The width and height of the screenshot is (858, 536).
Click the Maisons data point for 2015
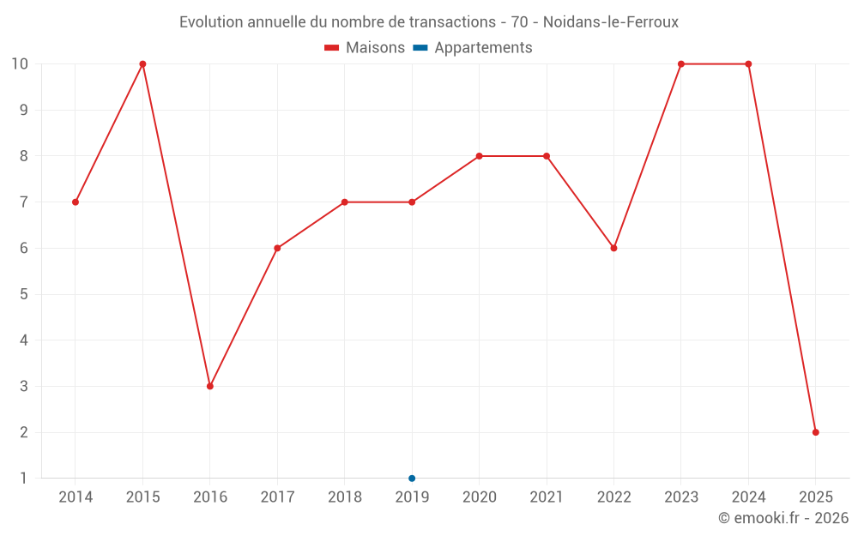(x=142, y=64)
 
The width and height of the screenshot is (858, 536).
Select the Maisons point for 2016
(x=210, y=386)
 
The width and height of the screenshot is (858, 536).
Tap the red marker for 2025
(x=815, y=432)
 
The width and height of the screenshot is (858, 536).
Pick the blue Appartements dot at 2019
(x=412, y=478)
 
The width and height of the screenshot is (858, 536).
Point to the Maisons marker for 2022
(x=613, y=248)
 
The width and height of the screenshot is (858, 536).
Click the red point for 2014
(x=76, y=202)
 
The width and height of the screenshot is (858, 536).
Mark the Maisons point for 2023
(x=681, y=64)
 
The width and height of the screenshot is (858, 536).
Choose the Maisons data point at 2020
(x=479, y=156)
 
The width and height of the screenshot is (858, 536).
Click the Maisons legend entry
(x=365, y=48)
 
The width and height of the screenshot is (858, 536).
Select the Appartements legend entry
(x=473, y=48)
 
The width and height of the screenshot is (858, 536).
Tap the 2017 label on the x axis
(x=277, y=497)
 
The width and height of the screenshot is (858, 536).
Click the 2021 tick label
(x=547, y=497)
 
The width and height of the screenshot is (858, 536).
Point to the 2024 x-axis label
(x=748, y=497)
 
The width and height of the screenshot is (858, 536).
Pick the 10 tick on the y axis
(x=19, y=64)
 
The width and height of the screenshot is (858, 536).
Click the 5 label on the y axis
(x=23, y=294)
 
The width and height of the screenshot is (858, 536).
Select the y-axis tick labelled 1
(x=23, y=479)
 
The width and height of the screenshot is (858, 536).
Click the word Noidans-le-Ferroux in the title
(x=611, y=22)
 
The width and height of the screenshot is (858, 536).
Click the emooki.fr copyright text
(x=783, y=518)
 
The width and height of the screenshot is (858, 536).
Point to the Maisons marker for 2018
(x=344, y=202)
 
